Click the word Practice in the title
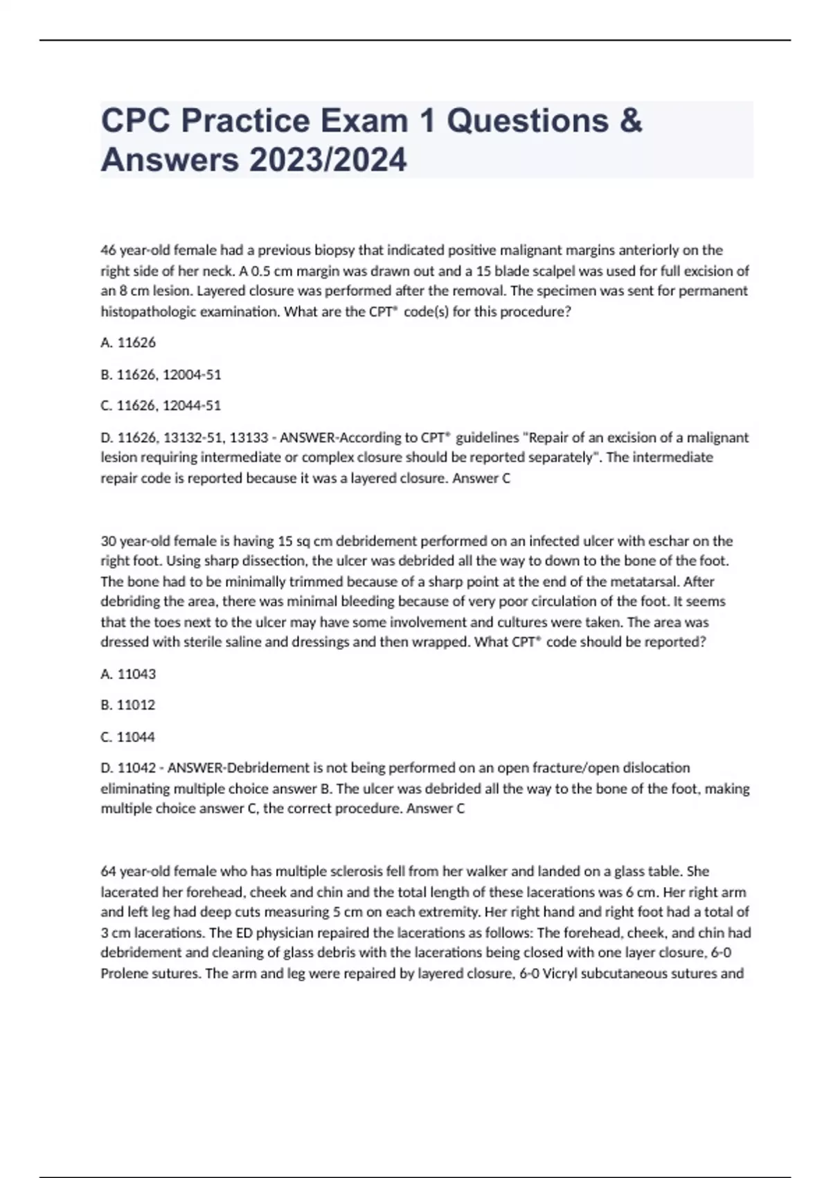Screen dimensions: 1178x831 point(245,121)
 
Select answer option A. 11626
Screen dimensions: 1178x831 point(128,342)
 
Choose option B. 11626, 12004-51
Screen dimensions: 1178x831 point(161,374)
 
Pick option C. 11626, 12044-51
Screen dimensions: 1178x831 point(161,405)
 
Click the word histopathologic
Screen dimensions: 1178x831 point(148,312)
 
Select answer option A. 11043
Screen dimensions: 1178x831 point(128,674)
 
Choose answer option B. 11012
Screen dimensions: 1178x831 point(128,705)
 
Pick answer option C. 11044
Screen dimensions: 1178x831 point(128,737)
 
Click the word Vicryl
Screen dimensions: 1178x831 point(562,974)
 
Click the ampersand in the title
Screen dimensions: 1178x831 point(630,121)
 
